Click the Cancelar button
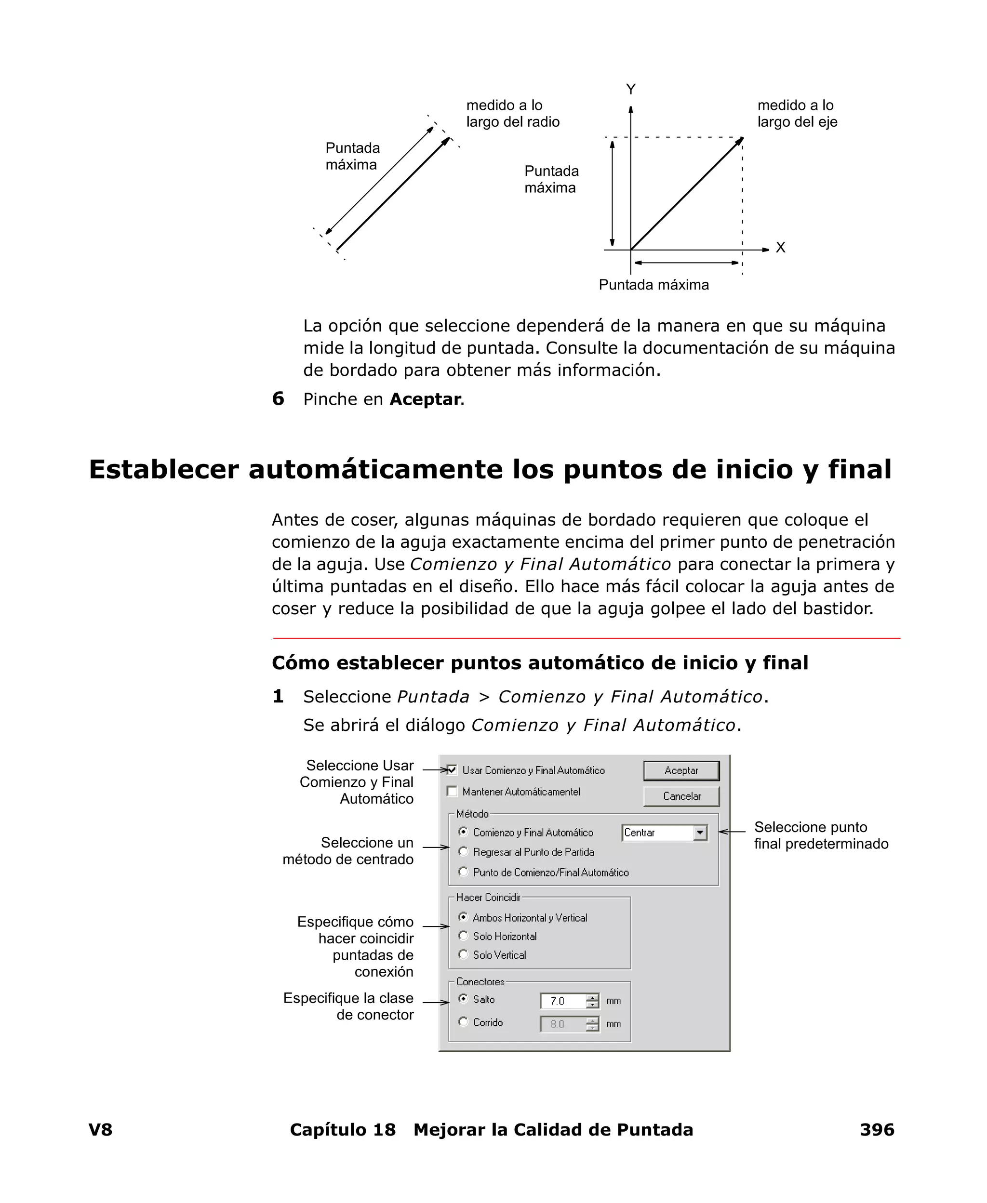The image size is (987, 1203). [681, 796]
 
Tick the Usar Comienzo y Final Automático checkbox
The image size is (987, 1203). [453, 770]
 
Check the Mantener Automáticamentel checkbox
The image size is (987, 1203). [453, 792]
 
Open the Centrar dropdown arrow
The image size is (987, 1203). [700, 833]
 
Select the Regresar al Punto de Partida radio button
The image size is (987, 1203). [463, 852]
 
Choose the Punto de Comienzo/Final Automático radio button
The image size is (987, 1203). [463, 872]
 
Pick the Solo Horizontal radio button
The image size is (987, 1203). [463, 936]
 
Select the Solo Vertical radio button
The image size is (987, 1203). [463, 955]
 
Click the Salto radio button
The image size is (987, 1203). [463, 999]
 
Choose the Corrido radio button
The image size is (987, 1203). [463, 1022]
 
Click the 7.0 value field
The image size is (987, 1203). [562, 1001]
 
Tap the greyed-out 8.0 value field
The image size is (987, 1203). [562, 1024]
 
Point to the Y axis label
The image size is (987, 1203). [630, 89]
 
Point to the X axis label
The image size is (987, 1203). [781, 248]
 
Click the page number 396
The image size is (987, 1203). [877, 1130]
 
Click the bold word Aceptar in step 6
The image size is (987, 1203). [425, 399]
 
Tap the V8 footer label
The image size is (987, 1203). [101, 1130]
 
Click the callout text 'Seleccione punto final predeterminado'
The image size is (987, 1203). [820, 836]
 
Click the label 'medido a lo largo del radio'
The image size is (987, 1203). [512, 114]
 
